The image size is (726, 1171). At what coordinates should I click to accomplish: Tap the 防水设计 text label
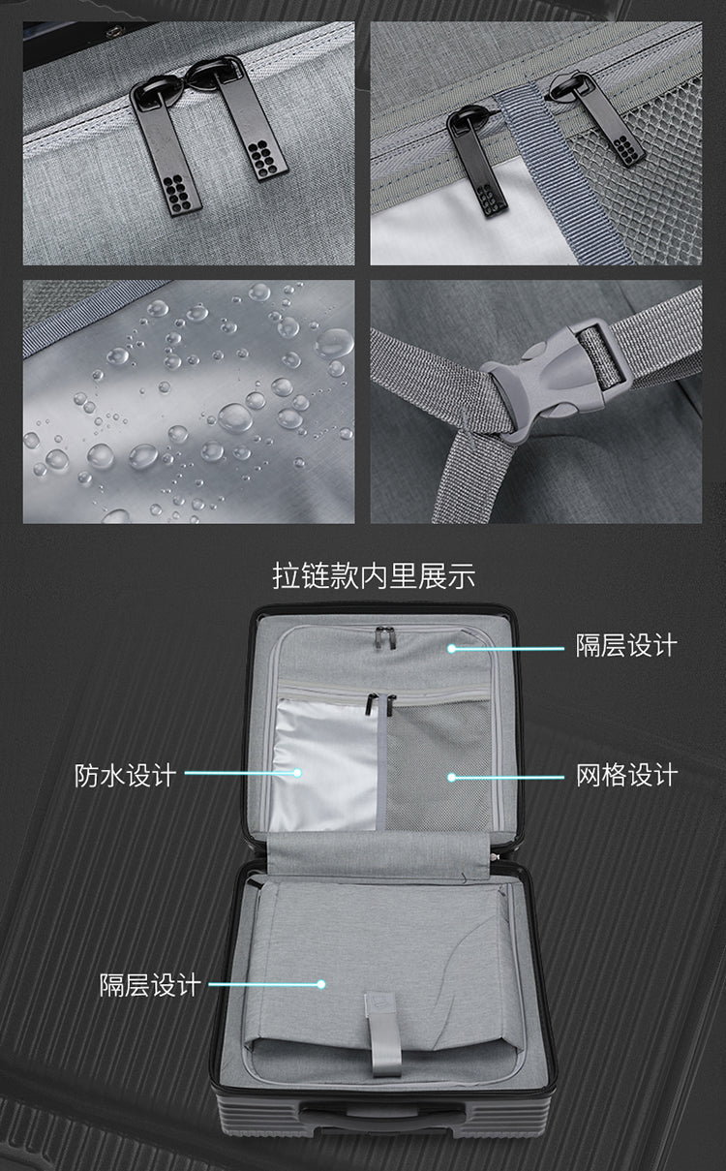[x=126, y=775]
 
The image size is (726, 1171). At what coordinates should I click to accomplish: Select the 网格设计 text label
[x=626, y=776]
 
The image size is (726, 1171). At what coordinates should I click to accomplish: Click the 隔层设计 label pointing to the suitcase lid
[x=626, y=646]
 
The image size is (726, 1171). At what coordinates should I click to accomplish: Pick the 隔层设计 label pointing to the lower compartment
[x=150, y=985]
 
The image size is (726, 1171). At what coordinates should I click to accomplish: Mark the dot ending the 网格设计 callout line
[x=452, y=776]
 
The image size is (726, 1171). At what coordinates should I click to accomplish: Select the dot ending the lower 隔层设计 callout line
[x=320, y=984]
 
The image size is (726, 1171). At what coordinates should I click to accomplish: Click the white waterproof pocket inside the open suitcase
[x=324, y=765]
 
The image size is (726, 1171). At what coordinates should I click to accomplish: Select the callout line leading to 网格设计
[x=507, y=776]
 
